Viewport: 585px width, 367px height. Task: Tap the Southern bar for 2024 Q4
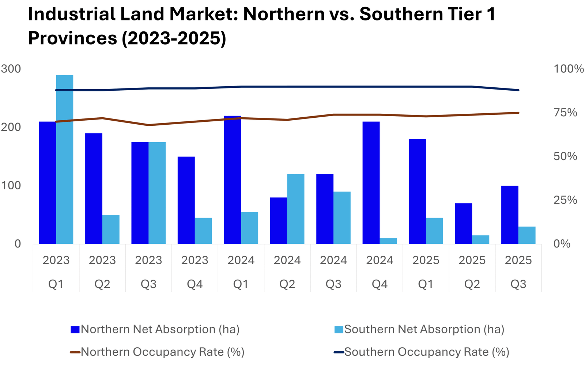(388, 241)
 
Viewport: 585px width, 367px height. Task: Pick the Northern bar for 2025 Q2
(464, 223)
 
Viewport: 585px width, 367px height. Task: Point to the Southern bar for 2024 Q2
(296, 209)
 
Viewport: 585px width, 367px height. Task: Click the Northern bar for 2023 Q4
(186, 200)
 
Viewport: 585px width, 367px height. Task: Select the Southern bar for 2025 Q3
(527, 235)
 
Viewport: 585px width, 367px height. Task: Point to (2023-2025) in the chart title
(174, 38)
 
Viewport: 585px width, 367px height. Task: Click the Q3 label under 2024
(333, 284)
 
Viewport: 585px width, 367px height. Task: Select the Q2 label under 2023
(102, 284)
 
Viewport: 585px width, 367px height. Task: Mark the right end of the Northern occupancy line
(518, 113)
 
